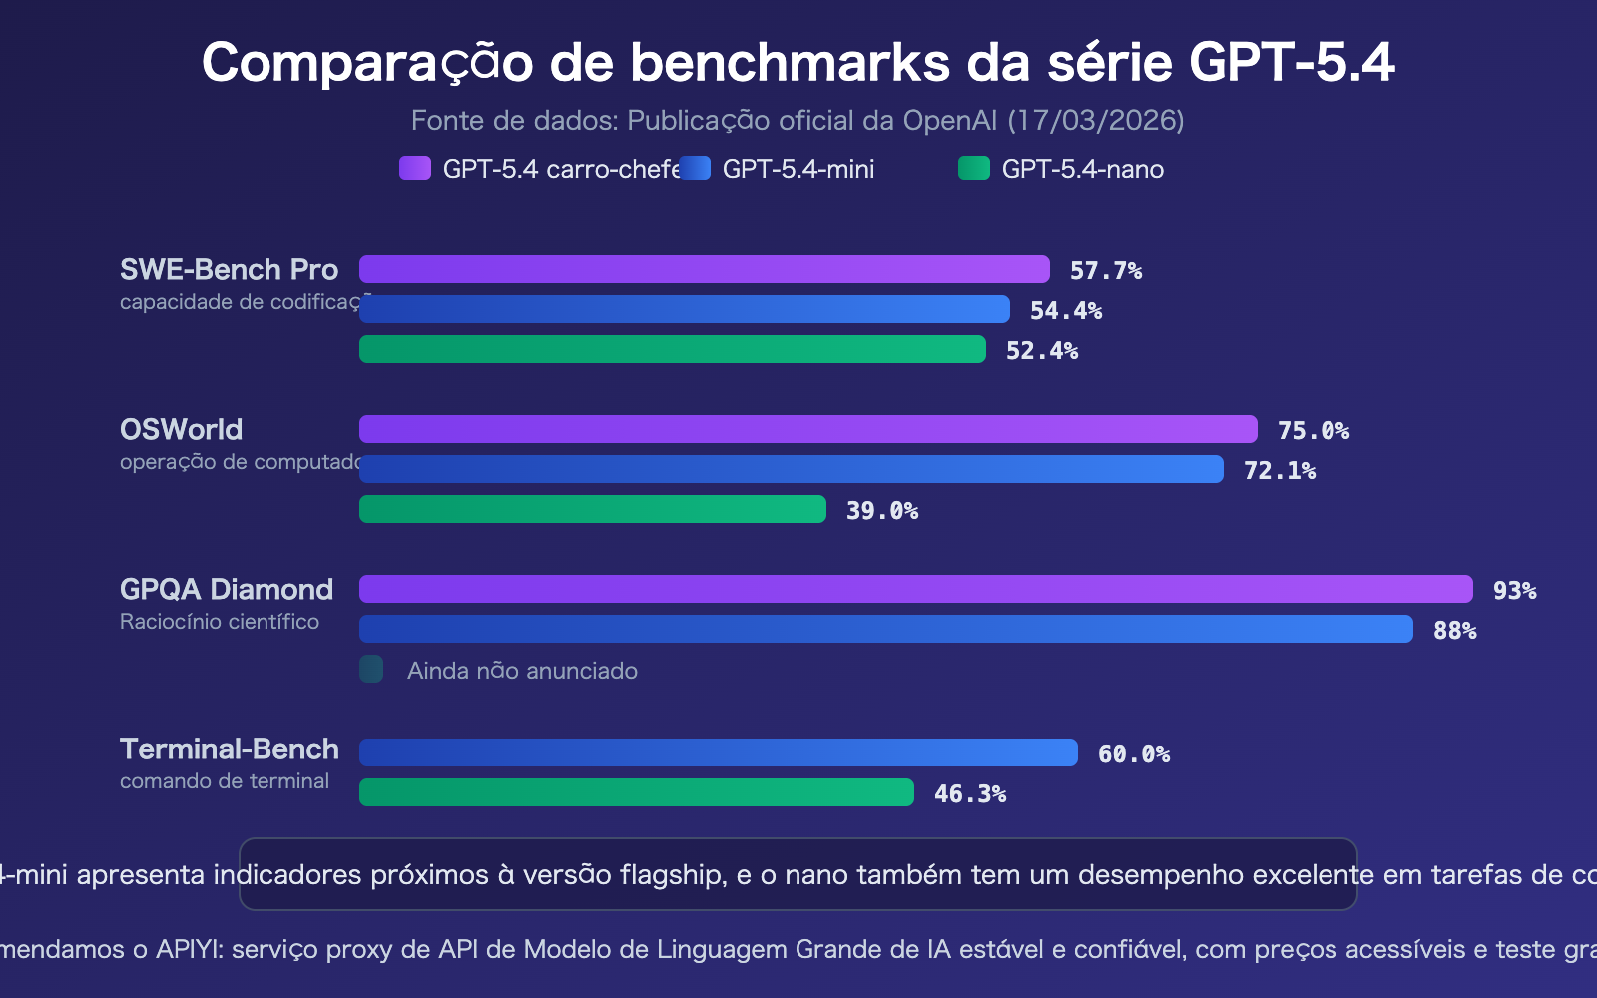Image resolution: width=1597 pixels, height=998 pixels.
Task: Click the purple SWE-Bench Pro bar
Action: tap(704, 269)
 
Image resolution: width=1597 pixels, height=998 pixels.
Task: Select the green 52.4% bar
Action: tap(672, 349)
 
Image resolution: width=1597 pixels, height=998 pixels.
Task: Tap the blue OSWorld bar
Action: tap(791, 469)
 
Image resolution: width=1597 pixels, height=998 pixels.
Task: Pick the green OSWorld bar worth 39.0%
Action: tap(592, 509)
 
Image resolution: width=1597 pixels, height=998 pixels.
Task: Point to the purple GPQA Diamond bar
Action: tap(915, 589)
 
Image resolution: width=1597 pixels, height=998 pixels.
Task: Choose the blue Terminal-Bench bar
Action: tap(718, 752)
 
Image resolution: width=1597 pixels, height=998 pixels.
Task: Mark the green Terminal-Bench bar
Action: tap(636, 792)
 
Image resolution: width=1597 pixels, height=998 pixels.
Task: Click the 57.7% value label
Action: tap(1106, 271)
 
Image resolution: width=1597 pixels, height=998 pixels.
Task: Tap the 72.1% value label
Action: tap(1280, 471)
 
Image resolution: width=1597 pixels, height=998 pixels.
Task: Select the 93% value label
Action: tap(1514, 591)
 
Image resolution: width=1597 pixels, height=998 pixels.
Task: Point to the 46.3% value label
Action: tap(970, 794)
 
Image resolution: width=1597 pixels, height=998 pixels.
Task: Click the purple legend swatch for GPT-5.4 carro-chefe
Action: tap(415, 168)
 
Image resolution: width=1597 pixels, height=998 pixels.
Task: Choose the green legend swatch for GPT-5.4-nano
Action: tap(974, 168)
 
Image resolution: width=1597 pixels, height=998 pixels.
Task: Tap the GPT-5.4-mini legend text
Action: tap(798, 169)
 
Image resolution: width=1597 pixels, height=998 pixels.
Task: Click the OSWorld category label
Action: tap(181, 429)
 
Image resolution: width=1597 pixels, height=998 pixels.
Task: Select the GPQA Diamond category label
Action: tap(227, 589)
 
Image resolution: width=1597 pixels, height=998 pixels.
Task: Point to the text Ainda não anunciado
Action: tap(522, 671)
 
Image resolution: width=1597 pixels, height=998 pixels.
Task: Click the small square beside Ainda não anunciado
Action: tap(371, 669)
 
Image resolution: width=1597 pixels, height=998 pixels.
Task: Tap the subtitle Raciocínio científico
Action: tap(220, 622)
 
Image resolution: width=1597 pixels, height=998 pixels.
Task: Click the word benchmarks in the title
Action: tap(790, 62)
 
